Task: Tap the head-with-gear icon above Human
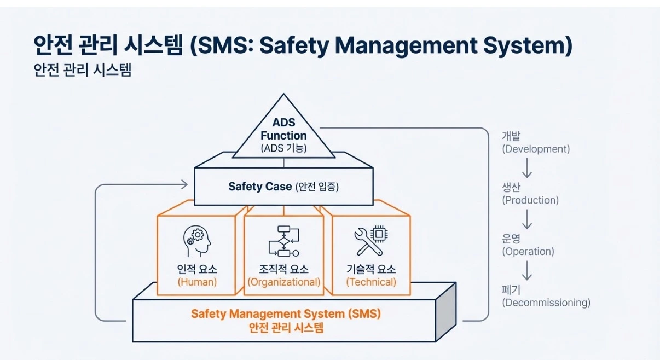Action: pos(196,242)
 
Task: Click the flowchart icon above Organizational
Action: pos(283,241)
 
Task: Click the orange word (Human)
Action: pos(197,282)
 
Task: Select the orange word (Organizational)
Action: pos(283,282)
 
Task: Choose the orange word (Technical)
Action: pos(371,282)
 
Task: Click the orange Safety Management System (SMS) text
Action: pos(285,314)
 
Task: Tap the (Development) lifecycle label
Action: pos(536,149)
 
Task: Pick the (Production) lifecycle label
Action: pos(530,200)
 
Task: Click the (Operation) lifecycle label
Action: pos(528,252)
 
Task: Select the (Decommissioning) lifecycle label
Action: pos(546,303)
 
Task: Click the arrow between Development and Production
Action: pos(527,168)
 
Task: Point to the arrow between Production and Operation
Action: pos(527,219)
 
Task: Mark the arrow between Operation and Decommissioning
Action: pos(527,271)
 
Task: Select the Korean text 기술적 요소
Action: pos(371,269)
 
